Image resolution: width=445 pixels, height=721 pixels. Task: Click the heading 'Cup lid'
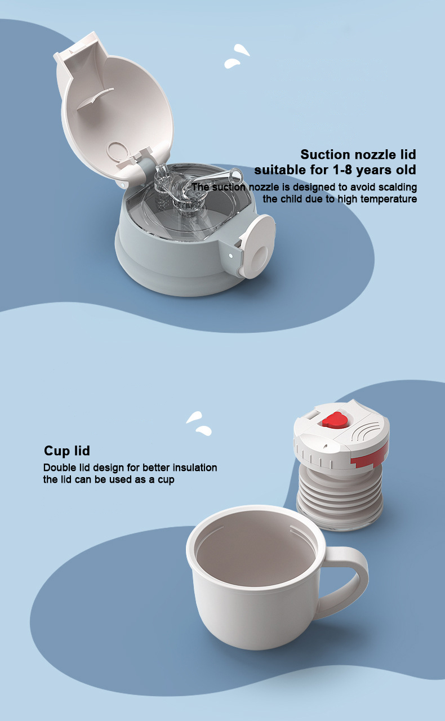point(67,451)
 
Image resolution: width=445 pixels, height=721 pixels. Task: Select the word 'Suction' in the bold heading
point(324,155)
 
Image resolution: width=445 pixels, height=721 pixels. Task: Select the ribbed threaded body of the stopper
point(340,495)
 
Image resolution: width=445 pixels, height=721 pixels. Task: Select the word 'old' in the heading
point(403,170)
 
